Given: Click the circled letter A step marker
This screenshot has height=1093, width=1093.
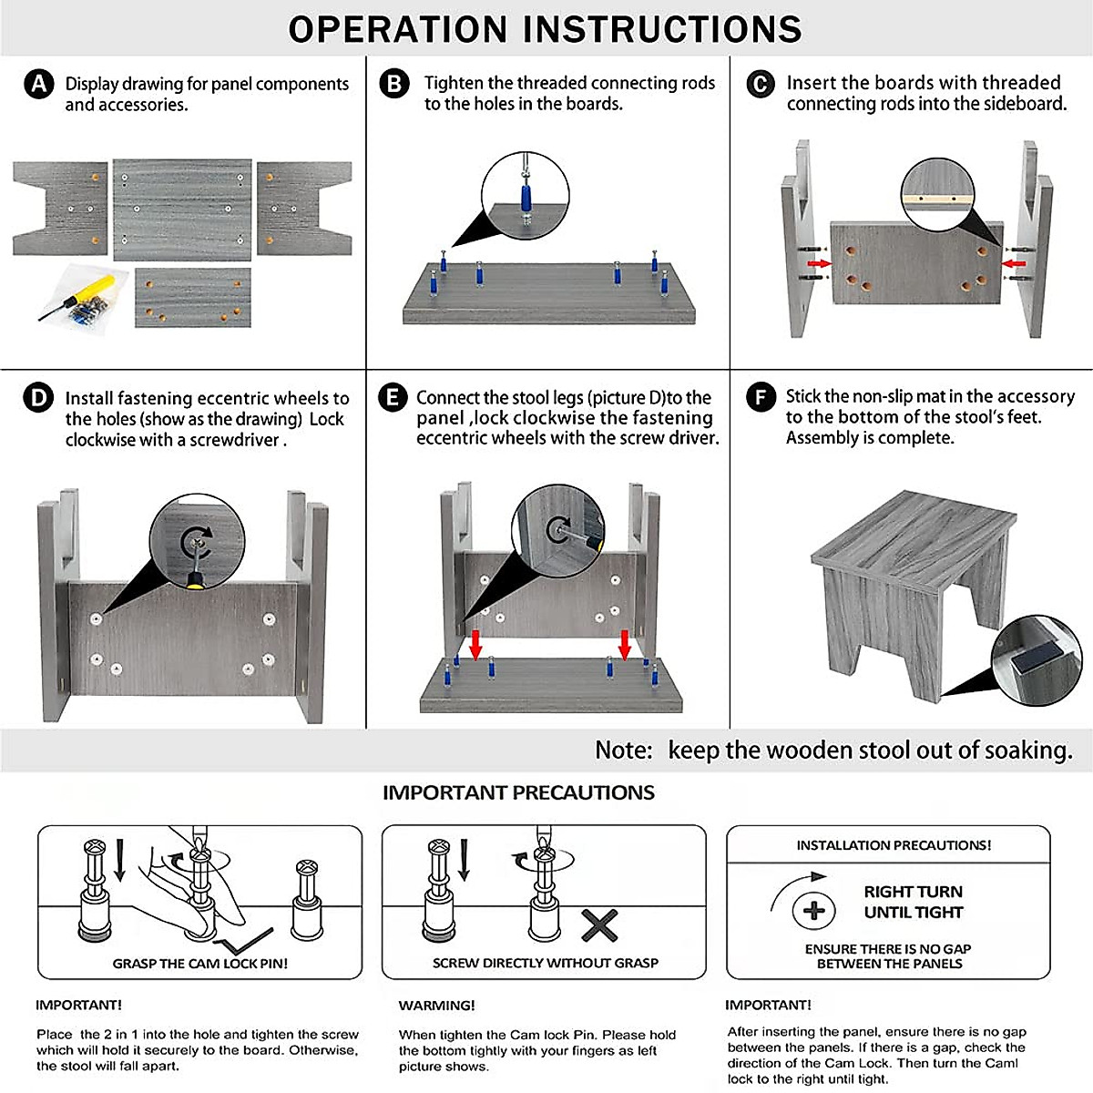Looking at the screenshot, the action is pyautogui.click(x=38, y=85).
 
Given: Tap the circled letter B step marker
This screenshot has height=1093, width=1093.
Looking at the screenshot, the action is pyautogui.click(x=394, y=85).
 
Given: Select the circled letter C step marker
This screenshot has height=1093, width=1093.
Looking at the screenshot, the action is pyautogui.click(x=761, y=85).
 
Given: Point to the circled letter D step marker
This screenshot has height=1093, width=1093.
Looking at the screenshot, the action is pyautogui.click(x=38, y=399).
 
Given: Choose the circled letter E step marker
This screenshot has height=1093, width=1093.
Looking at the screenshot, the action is pyautogui.click(x=393, y=399).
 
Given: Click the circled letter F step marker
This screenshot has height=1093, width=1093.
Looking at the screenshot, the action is pyautogui.click(x=761, y=398).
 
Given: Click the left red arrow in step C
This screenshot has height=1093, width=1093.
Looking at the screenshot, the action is pyautogui.click(x=820, y=263).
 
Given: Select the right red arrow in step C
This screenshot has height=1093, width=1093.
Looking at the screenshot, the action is pyautogui.click(x=1013, y=263).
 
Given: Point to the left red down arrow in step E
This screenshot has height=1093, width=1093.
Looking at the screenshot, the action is pyautogui.click(x=475, y=643).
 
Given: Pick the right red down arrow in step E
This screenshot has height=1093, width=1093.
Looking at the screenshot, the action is pyautogui.click(x=625, y=643).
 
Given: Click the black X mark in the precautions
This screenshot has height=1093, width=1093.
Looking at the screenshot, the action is pyautogui.click(x=599, y=926).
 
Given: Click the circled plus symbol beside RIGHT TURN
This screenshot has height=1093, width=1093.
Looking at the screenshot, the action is pyautogui.click(x=813, y=910).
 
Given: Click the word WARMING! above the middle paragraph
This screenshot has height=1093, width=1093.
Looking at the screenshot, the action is pyautogui.click(x=436, y=1006).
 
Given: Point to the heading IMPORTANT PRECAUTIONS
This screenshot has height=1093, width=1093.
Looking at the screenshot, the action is pyautogui.click(x=518, y=792).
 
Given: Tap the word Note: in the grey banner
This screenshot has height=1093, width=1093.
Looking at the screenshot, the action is pyautogui.click(x=624, y=751).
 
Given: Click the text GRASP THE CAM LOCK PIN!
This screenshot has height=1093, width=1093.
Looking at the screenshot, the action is pyautogui.click(x=200, y=964).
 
